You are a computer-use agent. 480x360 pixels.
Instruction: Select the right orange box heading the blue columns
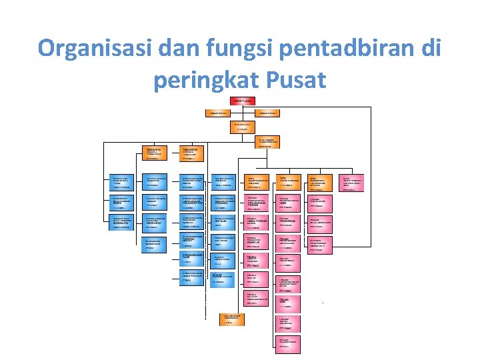pos(194,153)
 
